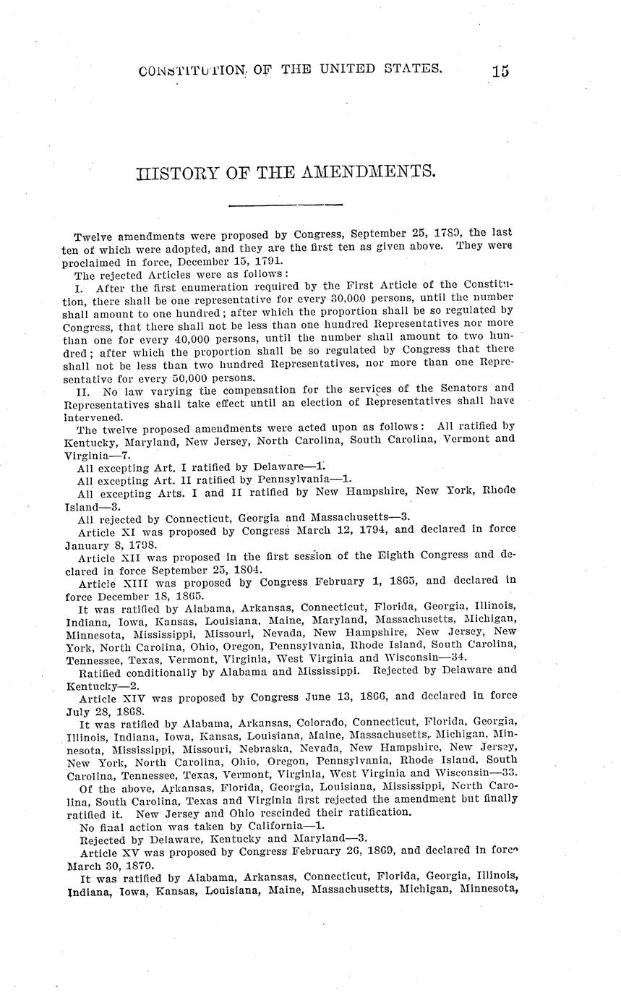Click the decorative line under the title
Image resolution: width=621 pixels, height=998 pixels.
tap(286, 205)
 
